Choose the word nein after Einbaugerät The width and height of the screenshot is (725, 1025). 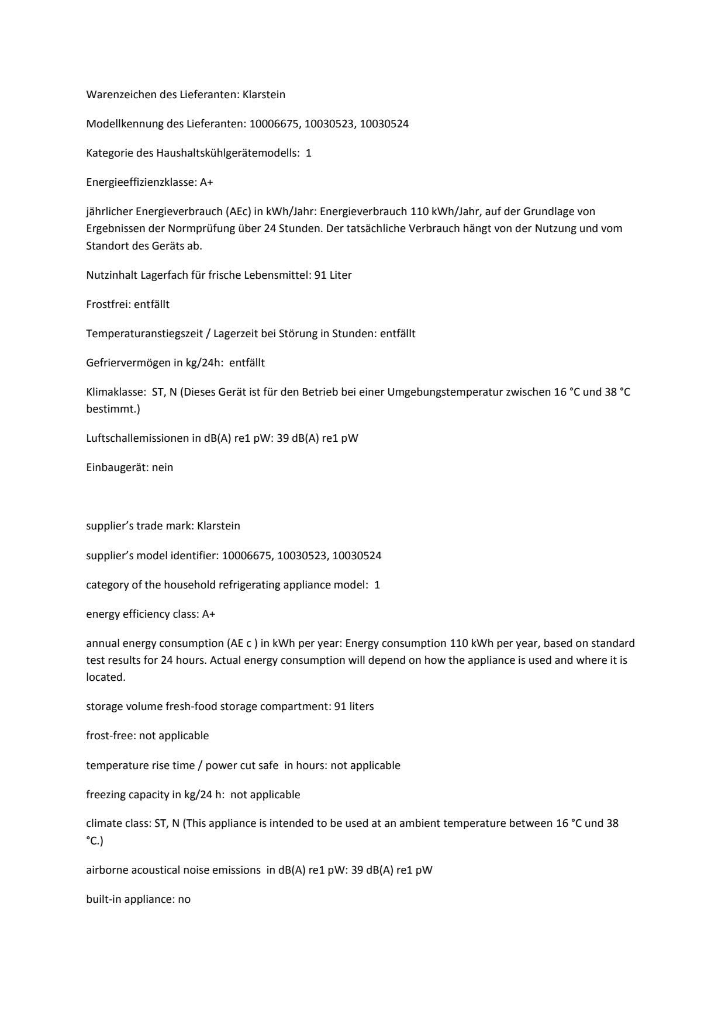point(163,467)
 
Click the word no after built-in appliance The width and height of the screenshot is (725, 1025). point(184,899)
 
